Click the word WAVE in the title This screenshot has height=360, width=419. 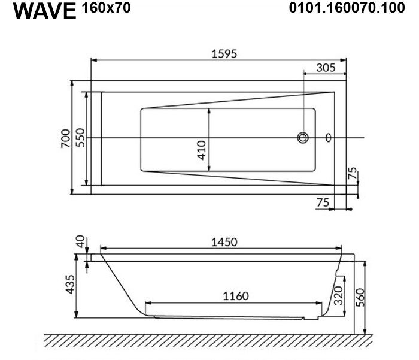point(45,11)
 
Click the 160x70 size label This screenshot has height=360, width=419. point(107,8)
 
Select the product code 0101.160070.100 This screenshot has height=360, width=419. point(347,8)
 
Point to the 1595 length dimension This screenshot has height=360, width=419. point(224,54)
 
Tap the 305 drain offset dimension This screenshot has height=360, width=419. point(326,68)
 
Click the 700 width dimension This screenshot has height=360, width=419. point(66,138)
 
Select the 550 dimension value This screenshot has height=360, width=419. point(80,138)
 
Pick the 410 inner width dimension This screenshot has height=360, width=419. point(202,150)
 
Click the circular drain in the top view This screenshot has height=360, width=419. point(303,138)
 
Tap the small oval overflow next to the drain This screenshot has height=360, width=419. point(329,138)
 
